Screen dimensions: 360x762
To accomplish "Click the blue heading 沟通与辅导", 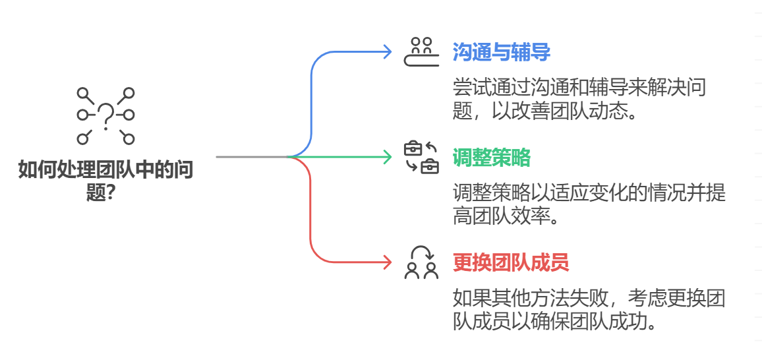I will pyautogui.click(x=501, y=52).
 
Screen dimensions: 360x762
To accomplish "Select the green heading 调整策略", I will pyautogui.click(x=491, y=158).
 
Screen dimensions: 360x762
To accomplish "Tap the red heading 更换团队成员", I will pyautogui.click(x=510, y=263).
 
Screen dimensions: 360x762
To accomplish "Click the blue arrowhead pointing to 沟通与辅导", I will pyautogui.click(x=387, y=52).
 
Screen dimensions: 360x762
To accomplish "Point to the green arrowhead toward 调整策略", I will pyautogui.click(x=387, y=157).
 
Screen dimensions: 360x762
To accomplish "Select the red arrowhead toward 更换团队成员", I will pyautogui.click(x=387, y=262).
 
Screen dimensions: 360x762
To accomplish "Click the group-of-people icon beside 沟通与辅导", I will pyautogui.click(x=421, y=52).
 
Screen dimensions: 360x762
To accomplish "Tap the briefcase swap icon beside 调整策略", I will pyautogui.click(x=421, y=157).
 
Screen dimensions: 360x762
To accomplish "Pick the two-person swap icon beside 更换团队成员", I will pyautogui.click(x=421, y=262).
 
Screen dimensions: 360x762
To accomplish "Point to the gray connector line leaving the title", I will pyautogui.click(x=250, y=157).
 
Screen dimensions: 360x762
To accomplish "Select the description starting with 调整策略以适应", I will pyautogui.click(x=589, y=204).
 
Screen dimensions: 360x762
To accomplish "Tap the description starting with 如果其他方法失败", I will pyautogui.click(x=589, y=309).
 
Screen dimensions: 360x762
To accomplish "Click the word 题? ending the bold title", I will pyautogui.click(x=105, y=193).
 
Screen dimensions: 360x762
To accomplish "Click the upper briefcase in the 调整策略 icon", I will pyautogui.click(x=413, y=148).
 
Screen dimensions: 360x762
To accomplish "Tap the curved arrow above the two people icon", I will pyautogui.click(x=422, y=251).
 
